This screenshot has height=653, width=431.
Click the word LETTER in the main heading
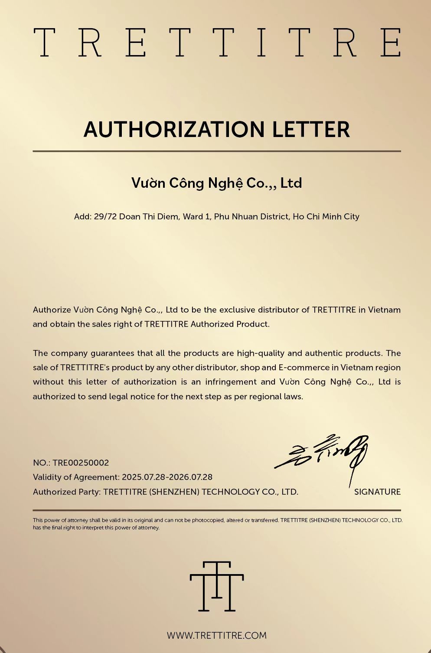[311, 129]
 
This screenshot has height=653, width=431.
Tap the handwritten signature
[323, 455]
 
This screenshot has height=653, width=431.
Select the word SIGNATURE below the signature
[377, 492]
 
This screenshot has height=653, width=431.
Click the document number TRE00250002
[81, 463]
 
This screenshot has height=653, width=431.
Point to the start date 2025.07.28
[144, 477]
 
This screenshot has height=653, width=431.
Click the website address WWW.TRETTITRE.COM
[217, 635]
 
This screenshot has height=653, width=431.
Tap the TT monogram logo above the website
[217, 586]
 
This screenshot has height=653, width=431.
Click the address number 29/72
[105, 216]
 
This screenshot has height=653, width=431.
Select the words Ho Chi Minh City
[326, 216]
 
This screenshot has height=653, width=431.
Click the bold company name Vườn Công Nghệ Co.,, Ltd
[216, 183]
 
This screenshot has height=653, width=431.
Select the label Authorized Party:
[67, 492]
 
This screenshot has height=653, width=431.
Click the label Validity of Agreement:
[76, 477]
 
